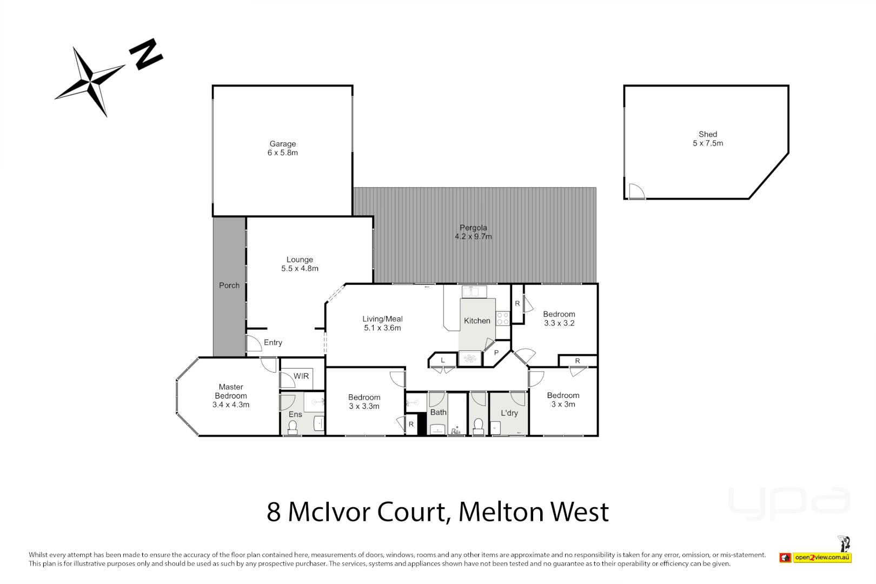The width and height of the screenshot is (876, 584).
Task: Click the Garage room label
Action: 282,144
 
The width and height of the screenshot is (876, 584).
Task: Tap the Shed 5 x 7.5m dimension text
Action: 708,143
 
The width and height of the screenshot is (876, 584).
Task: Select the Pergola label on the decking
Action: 473,228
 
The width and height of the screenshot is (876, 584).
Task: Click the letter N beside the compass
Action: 145,54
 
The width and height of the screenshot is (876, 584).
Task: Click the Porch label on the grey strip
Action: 229,286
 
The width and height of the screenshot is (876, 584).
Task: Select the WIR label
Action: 301,376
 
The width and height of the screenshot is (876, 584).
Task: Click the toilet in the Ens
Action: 293,427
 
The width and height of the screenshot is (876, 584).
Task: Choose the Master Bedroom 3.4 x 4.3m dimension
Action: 231,404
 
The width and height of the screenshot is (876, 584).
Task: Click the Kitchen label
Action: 477,321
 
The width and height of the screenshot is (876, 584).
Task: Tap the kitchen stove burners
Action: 503,318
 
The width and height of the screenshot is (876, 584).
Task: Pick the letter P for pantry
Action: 496,353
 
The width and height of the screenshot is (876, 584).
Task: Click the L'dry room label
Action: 509,413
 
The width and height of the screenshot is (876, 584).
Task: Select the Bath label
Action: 438,412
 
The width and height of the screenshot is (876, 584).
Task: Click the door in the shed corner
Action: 636,191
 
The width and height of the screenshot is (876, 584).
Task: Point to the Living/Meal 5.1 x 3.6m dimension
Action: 382,328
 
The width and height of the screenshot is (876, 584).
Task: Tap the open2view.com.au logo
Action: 822,558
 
